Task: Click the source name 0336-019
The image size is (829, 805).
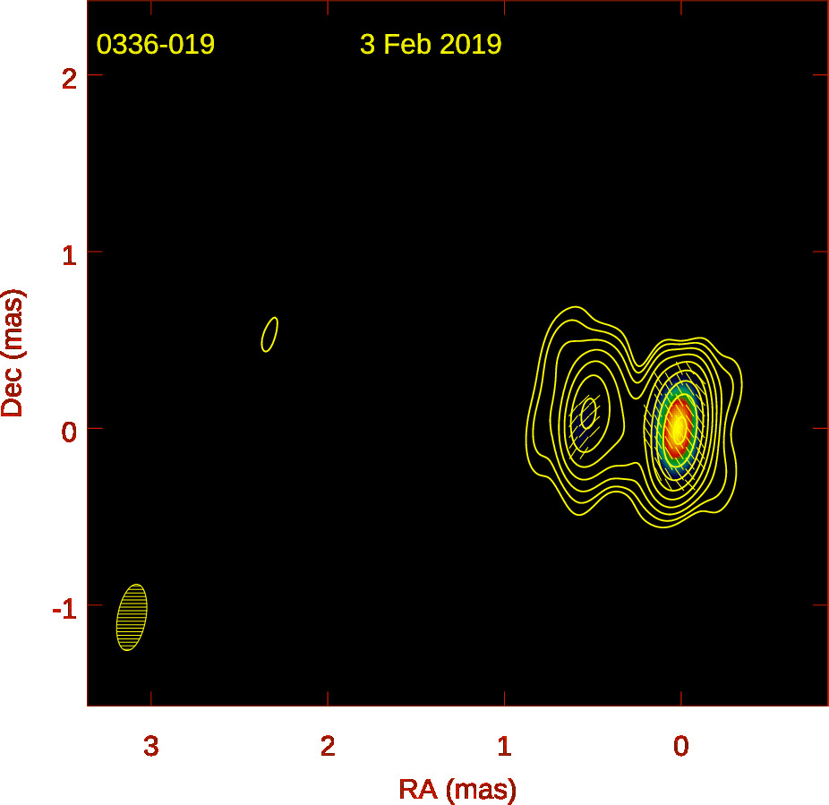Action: click(156, 45)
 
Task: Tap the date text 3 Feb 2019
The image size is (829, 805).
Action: click(431, 45)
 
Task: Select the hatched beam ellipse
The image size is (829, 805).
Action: click(132, 617)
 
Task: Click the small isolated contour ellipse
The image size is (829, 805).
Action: click(269, 334)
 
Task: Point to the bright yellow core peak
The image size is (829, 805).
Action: click(679, 427)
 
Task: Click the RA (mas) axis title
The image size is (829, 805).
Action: click(457, 789)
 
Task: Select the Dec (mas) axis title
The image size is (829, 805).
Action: click(13, 354)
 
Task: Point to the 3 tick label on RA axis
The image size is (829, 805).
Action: click(151, 746)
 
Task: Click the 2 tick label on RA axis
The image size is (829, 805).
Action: click(328, 746)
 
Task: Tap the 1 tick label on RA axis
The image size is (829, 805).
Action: click(504, 746)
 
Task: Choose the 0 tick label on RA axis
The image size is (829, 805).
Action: click(681, 746)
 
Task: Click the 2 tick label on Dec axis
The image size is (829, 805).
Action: click(69, 80)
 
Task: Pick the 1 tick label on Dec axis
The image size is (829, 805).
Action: click(69, 256)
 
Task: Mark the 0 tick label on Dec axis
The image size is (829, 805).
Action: click(69, 432)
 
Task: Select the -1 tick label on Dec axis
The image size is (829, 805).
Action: click(64, 609)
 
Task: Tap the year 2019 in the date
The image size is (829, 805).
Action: click(471, 45)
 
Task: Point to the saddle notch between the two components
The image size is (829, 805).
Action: click(639, 365)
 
